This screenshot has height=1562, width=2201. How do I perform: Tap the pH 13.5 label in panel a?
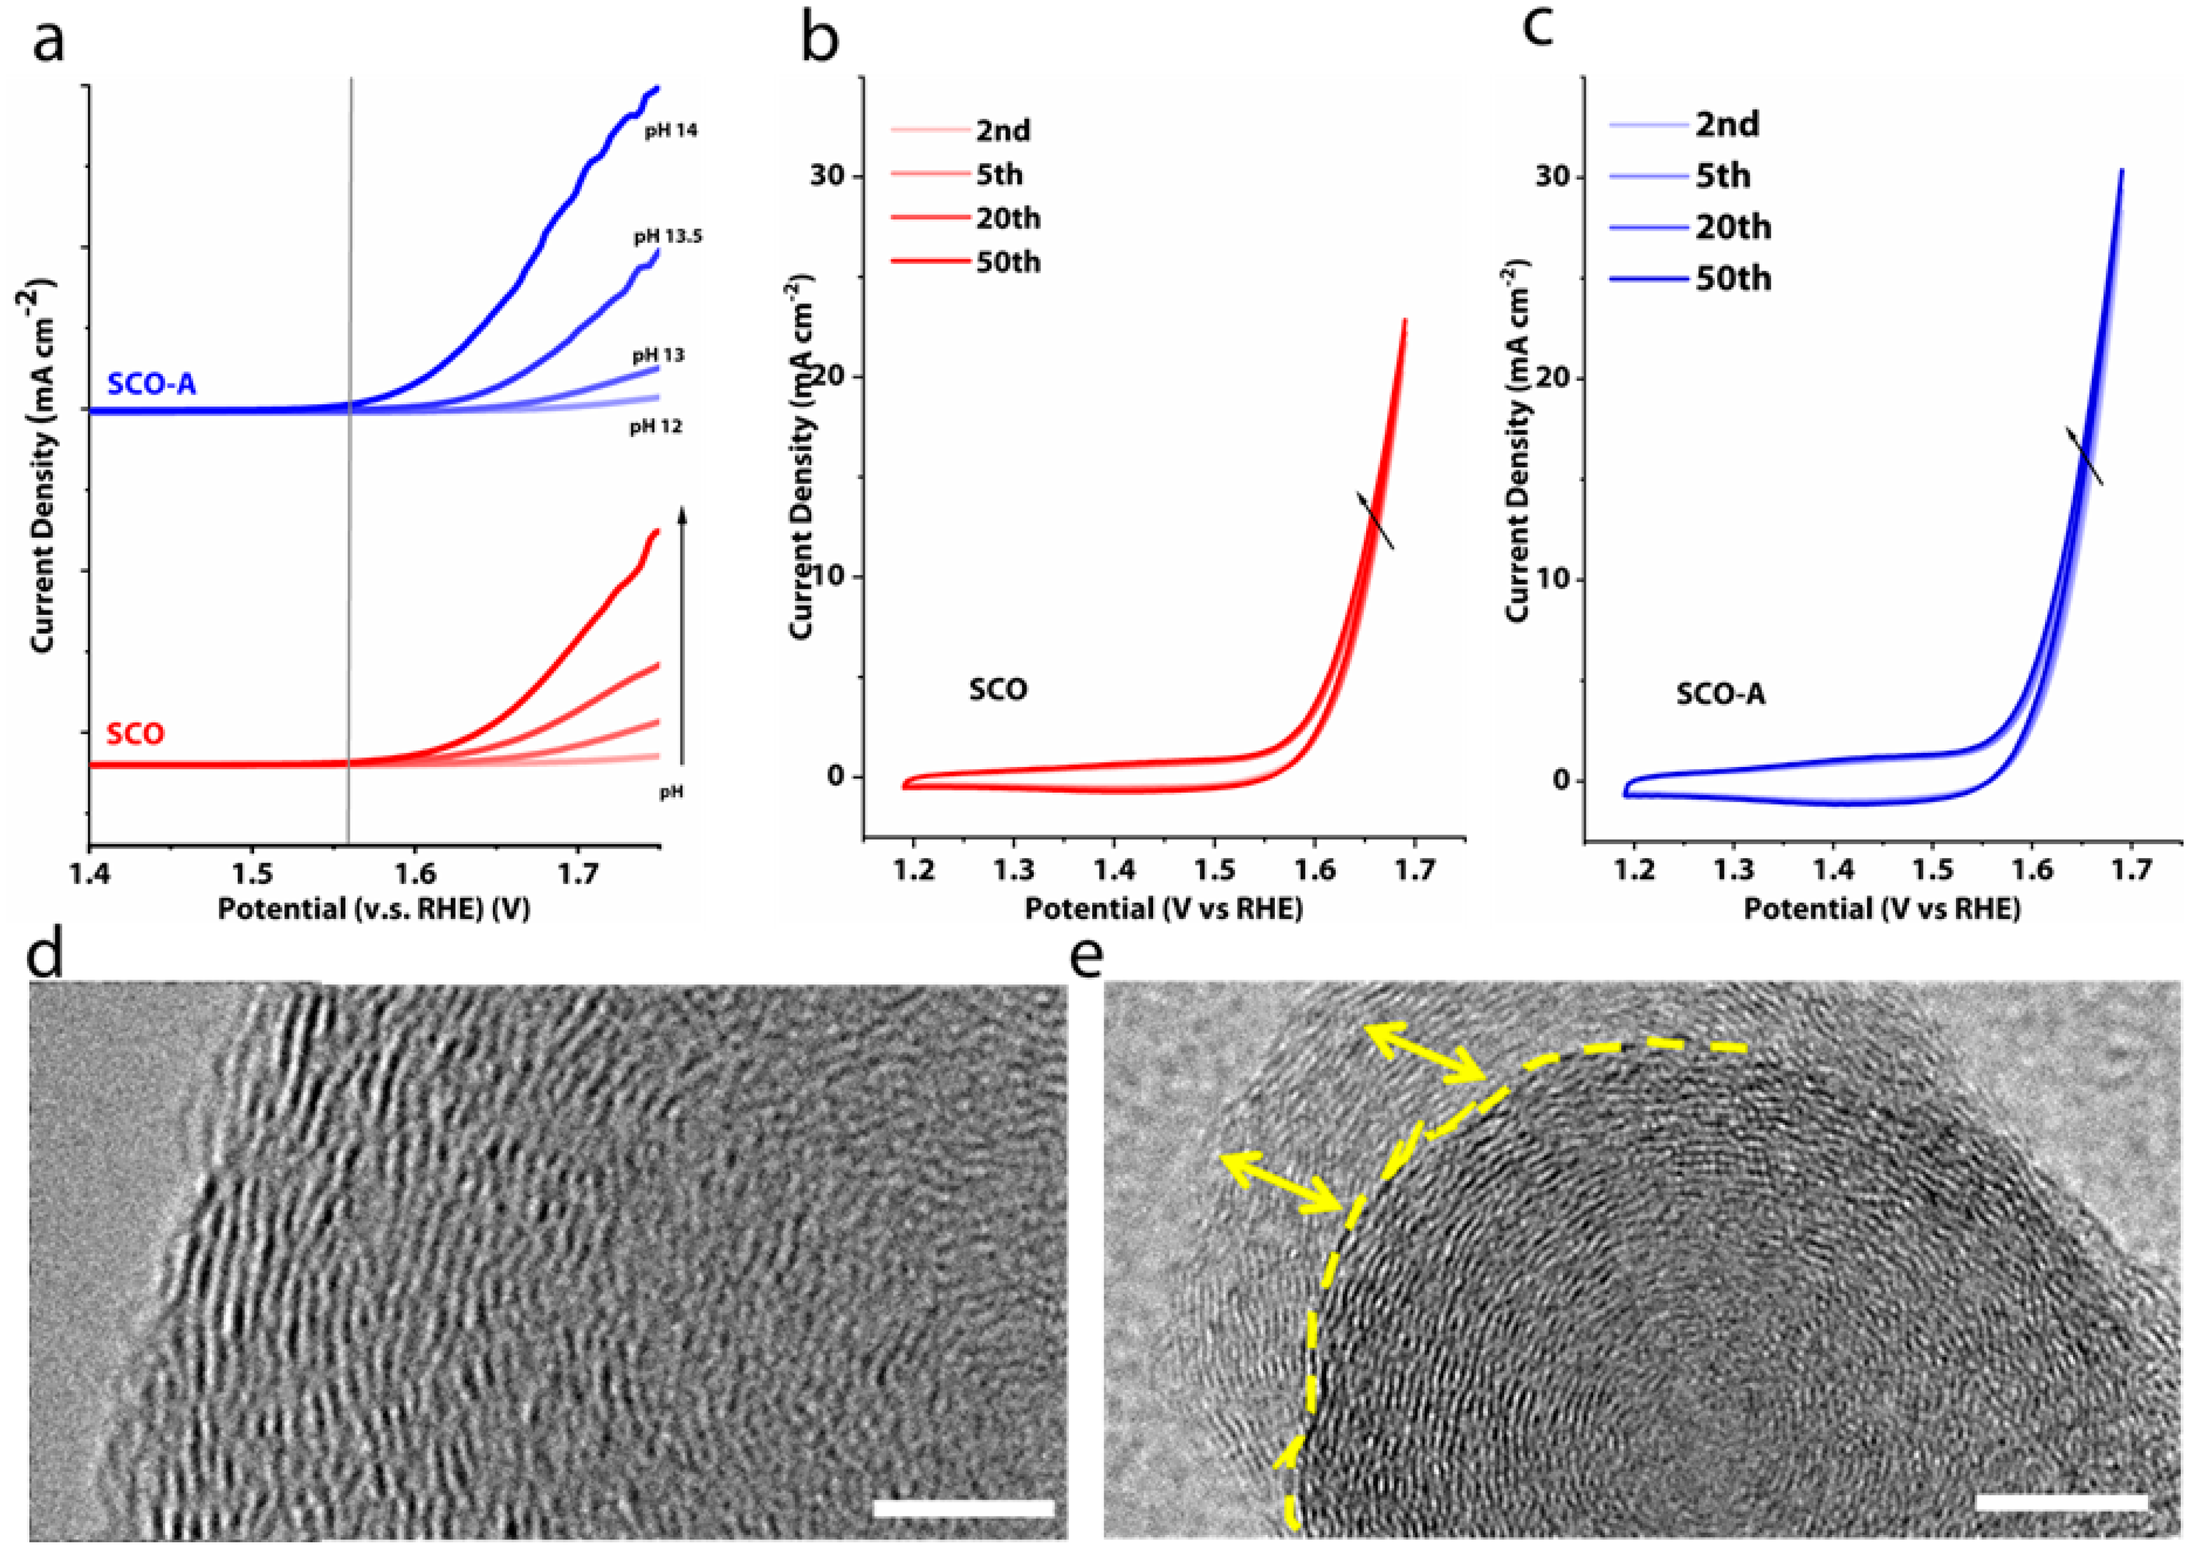point(668,236)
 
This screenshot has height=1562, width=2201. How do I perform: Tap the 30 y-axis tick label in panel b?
point(828,176)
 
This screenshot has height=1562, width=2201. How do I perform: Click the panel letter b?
point(820,41)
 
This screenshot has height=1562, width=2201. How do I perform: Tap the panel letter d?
point(46,957)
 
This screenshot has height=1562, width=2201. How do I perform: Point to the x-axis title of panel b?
point(1163,908)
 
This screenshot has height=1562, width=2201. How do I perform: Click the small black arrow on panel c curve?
point(2084,456)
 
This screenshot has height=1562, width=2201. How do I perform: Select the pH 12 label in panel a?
point(656,426)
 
